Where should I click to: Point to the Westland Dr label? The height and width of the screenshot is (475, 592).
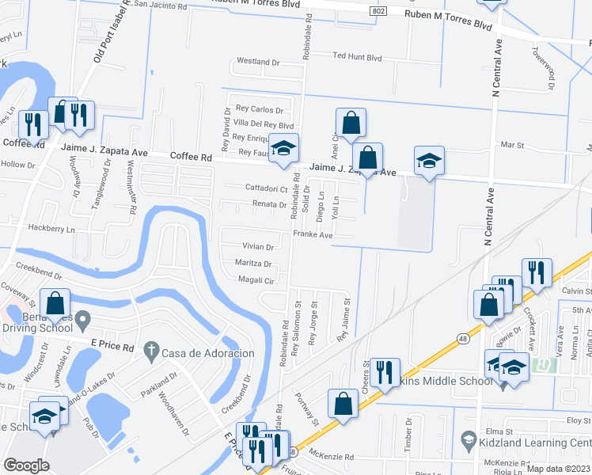259,62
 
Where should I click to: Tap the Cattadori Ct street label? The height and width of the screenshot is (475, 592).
265,189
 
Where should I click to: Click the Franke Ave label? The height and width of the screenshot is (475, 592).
313,234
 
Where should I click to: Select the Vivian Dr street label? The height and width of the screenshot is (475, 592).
258,247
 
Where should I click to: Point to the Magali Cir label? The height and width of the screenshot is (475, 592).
256,279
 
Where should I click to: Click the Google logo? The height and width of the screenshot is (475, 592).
27,465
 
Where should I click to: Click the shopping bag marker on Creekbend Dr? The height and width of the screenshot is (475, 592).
55,304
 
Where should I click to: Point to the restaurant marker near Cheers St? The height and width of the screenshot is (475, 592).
385,374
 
